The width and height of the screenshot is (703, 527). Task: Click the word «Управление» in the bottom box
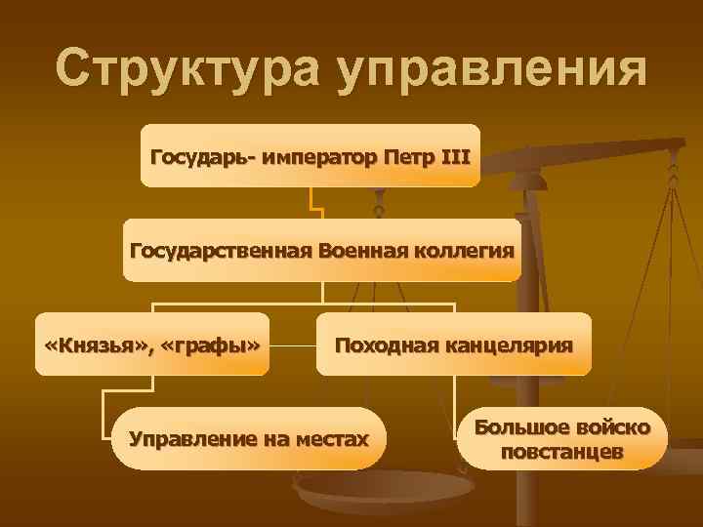(189, 439)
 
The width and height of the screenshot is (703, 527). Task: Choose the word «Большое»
(523, 426)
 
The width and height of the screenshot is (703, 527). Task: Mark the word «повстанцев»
(562, 452)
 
